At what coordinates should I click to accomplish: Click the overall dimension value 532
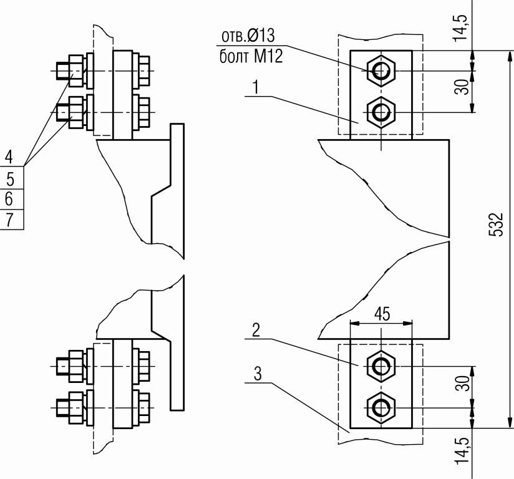pos(495,225)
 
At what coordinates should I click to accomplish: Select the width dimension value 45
pos(382,314)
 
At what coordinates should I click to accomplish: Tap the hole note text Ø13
pos(261,36)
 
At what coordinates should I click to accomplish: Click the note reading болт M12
pos(251,56)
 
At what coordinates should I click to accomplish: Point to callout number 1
pos(256,87)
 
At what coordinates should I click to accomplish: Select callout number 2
pos(256,330)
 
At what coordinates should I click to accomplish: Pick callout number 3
pos(258,374)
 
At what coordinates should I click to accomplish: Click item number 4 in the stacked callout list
pos(9,157)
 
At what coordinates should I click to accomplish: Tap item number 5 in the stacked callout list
pos(10,180)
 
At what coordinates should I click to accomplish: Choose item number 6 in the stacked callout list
pos(9,199)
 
